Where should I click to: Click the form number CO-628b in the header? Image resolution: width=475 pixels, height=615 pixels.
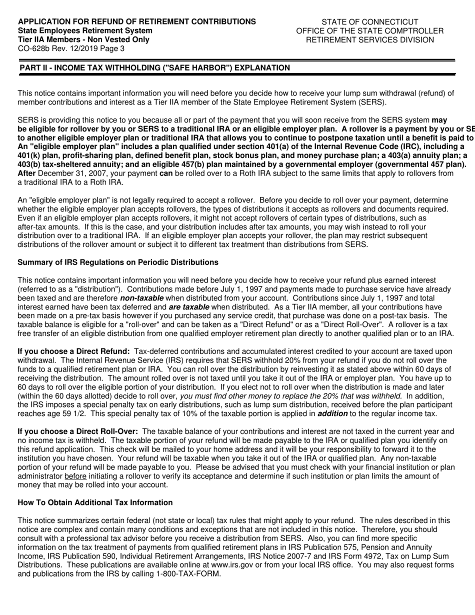[x=33, y=49]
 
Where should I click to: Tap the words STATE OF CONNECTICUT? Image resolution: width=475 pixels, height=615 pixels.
[x=369, y=22]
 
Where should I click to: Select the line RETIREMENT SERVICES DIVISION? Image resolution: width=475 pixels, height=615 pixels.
[x=369, y=40]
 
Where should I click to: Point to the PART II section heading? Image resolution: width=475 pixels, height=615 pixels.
[x=154, y=68]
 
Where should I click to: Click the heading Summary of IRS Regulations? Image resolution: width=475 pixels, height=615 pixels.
[x=118, y=262]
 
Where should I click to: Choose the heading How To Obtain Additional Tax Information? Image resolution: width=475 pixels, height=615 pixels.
[x=95, y=502]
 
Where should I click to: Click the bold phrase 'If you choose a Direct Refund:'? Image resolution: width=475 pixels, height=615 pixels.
[x=74, y=351]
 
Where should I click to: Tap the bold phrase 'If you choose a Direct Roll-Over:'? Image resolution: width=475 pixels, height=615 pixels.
[x=78, y=431]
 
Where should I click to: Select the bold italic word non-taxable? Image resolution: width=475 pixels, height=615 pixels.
[x=141, y=298]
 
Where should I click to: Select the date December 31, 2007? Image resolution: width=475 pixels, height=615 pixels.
[x=69, y=173]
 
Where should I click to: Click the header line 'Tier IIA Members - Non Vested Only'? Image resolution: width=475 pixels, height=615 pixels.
[x=83, y=40]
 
